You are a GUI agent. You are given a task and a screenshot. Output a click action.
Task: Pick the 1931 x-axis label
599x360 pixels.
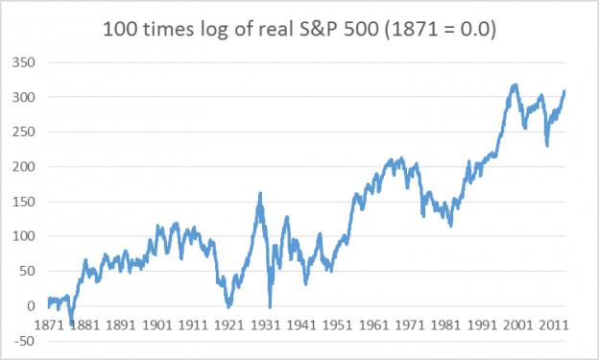click(x=264, y=326)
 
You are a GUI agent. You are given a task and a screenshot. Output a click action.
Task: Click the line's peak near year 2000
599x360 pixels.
click(x=515, y=85)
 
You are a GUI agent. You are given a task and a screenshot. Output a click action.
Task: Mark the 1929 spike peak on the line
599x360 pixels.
click(x=261, y=194)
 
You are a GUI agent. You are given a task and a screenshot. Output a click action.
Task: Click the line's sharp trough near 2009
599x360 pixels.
click(x=547, y=145)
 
